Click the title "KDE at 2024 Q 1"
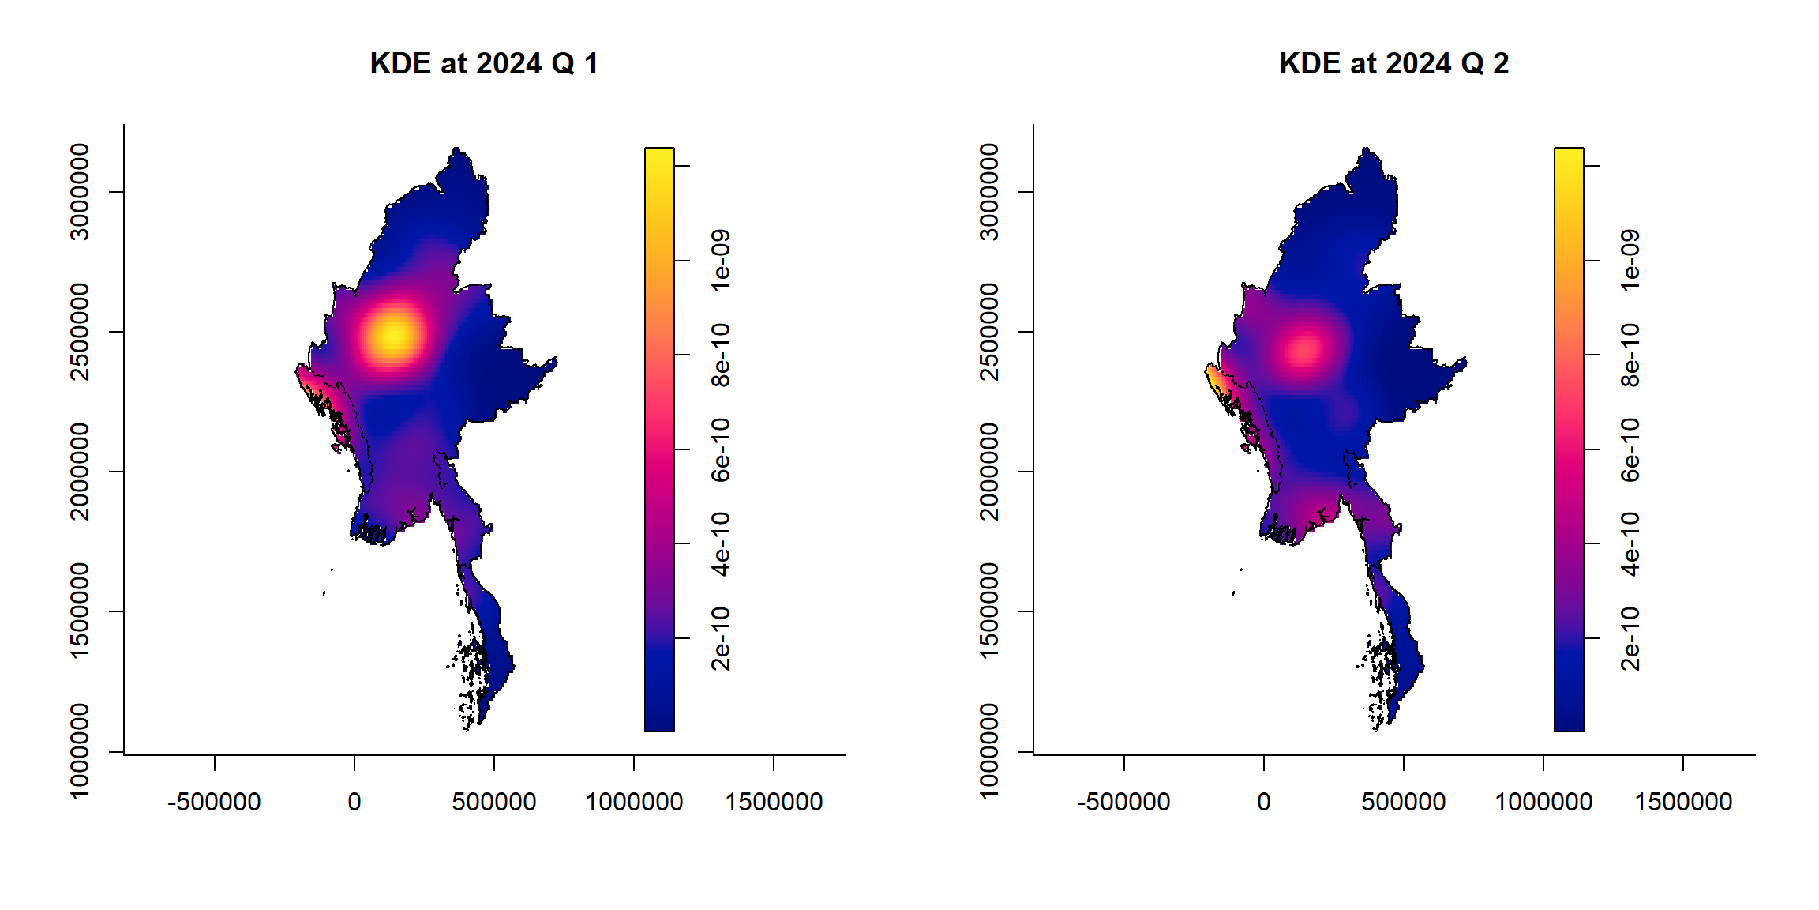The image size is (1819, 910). tap(484, 63)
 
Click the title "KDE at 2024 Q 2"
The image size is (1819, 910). tap(1393, 63)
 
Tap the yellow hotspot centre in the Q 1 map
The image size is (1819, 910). tap(392, 335)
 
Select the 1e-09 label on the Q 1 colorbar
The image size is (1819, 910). tap(720, 261)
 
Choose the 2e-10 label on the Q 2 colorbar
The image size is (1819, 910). tap(1630, 638)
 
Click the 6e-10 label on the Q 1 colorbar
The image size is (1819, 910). tap(720, 449)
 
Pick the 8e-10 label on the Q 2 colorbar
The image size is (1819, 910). tap(1630, 355)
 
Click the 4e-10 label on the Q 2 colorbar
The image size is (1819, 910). tap(1630, 543)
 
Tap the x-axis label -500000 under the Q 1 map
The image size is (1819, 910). tap(214, 802)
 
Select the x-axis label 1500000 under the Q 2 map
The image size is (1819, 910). tap(1683, 802)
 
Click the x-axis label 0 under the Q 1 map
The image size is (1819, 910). tap(354, 802)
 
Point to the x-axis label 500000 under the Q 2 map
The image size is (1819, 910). tap(1403, 802)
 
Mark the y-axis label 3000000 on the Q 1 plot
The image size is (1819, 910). tap(80, 191)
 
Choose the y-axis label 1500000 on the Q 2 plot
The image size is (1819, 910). tap(989, 611)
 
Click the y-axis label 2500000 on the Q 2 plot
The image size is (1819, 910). tap(989, 332)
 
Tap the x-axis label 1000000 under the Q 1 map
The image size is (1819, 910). tap(634, 802)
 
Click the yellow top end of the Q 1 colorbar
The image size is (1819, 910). tap(659, 155)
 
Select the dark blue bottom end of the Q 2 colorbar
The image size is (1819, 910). tap(1569, 723)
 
